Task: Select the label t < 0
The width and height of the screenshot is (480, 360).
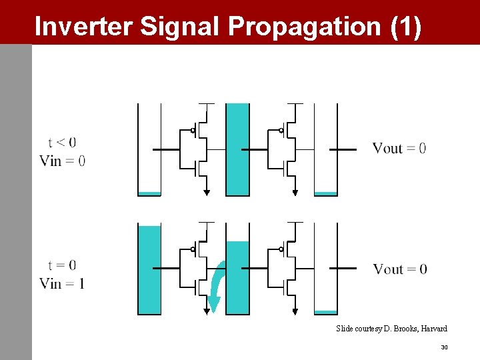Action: tap(62, 142)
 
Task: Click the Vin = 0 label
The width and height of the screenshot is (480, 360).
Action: tap(62, 160)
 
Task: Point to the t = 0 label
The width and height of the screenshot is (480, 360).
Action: tap(62, 265)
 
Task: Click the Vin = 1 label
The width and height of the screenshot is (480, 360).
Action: tap(62, 283)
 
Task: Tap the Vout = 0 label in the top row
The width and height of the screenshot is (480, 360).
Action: tap(399, 148)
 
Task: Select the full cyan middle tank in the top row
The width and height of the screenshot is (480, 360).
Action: tap(237, 149)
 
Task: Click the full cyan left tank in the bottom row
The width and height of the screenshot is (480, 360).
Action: tap(149, 269)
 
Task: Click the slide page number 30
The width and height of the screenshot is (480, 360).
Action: tap(444, 347)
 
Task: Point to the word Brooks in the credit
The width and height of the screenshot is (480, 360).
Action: tap(400, 329)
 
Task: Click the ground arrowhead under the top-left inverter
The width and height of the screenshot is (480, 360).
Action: tap(207, 193)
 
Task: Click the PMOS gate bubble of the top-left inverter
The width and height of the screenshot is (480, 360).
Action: tap(193, 131)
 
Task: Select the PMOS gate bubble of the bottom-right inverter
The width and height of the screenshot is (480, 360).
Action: tap(281, 249)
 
